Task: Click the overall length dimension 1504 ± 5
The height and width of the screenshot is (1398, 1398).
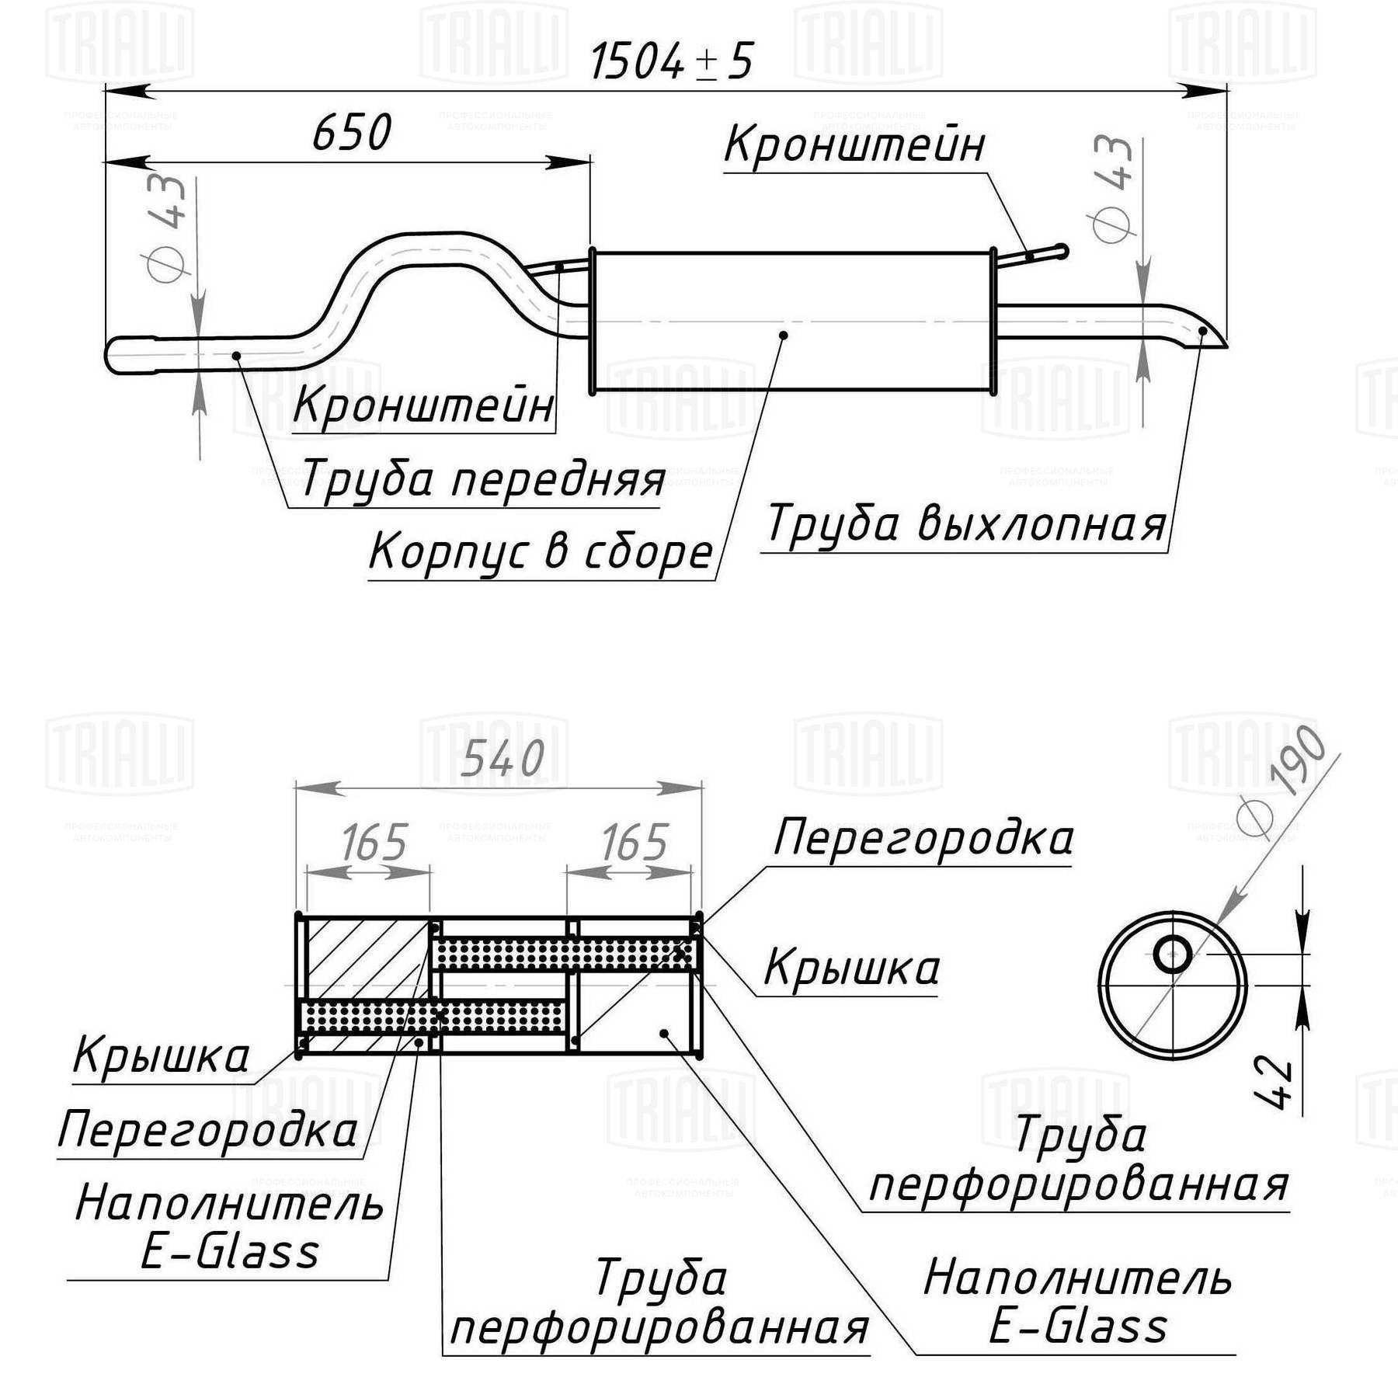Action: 671,61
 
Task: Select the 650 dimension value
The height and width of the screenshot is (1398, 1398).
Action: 352,133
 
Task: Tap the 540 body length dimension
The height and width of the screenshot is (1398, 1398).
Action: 503,759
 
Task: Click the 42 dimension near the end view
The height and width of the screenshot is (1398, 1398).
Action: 1274,1080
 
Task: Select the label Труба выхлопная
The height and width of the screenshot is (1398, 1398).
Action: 965,524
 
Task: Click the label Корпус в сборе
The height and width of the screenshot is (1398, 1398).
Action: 541,552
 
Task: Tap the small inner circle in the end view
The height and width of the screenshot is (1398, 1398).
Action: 1173,954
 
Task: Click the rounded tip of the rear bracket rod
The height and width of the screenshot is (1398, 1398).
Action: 1063,251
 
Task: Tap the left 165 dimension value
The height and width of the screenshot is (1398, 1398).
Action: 374,843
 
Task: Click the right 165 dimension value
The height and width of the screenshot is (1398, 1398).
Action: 635,843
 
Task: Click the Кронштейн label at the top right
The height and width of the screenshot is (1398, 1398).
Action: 855,145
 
